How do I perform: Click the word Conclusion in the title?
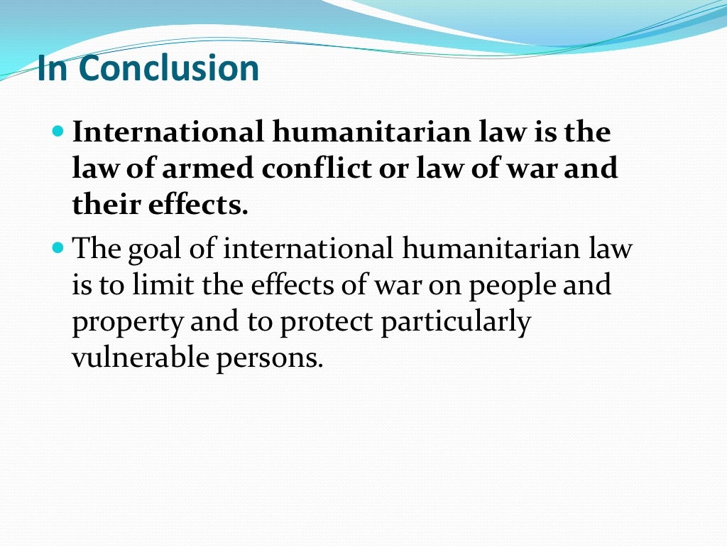[169, 69]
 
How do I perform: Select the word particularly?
[456, 323]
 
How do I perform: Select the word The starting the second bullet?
[98, 250]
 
